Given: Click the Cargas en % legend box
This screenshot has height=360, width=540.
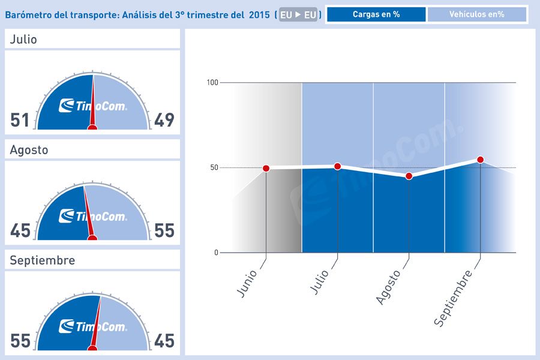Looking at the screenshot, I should coord(376,14).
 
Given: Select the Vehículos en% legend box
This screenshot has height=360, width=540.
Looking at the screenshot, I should coord(477,14).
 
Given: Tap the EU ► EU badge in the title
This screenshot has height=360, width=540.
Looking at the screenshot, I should coord(298,15).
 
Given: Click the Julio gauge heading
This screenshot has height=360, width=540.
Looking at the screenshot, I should coord(23,40).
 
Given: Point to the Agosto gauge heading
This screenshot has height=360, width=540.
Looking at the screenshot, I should coord(29,150).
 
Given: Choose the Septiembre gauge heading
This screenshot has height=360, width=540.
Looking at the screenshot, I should coord(43,260).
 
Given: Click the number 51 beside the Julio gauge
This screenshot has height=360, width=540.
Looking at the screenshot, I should coord(20,120).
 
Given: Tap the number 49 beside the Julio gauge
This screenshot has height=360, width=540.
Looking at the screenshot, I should coord(164,120).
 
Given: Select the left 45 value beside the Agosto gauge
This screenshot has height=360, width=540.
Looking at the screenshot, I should coord(20,230).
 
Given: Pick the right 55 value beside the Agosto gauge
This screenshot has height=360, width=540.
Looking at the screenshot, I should coord(164,230).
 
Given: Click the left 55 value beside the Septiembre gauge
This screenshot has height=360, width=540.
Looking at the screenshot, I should coord(20,341).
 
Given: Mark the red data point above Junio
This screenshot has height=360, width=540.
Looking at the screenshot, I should coord(266,169).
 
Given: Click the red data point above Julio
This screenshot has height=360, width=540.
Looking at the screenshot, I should coord(337,166).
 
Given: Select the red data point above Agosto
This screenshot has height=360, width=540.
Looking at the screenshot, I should coord(409,176).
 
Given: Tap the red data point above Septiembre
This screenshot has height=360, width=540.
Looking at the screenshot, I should coord(480,160).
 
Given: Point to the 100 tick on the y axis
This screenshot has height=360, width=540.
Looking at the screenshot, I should coord(212,82).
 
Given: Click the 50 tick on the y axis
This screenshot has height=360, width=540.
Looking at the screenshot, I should coord(214,167).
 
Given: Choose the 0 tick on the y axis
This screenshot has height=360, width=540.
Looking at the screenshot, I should coord(216,253).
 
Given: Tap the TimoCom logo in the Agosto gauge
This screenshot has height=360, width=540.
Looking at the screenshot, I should coord(93,216).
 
